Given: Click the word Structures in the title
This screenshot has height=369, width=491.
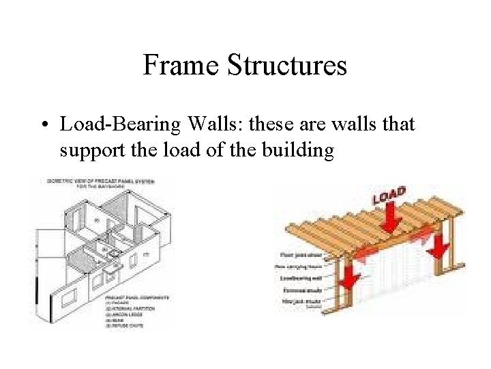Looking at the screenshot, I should click(286, 66).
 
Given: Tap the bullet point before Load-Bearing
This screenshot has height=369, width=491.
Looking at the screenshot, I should click(44, 125).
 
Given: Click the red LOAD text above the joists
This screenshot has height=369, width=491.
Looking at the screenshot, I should click(390, 195).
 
